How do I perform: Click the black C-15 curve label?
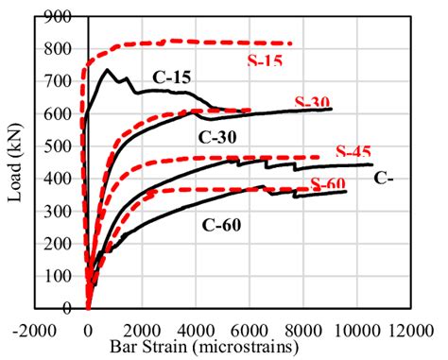pyautogui.click(x=171, y=77)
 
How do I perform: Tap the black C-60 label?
pyautogui.click(x=221, y=224)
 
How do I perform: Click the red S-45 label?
pyautogui.click(x=355, y=152)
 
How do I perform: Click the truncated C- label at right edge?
pyautogui.click(x=383, y=178)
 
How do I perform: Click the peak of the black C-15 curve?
pyautogui.click(x=108, y=69)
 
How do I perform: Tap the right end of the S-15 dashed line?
pyautogui.click(x=291, y=43)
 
